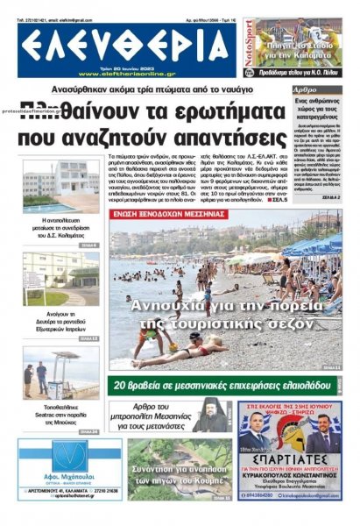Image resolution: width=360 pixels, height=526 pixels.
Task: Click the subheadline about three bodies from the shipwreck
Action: pos(164,91)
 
